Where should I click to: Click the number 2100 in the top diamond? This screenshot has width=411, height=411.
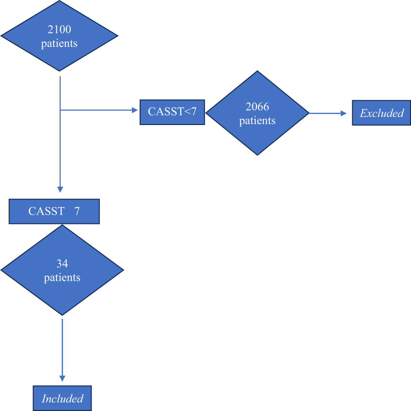point(59,30)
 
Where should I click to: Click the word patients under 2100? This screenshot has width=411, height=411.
point(59,44)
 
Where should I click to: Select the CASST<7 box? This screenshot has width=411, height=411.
point(172,112)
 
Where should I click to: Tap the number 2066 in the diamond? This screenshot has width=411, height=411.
point(257,106)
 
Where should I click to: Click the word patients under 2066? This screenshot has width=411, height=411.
point(257,121)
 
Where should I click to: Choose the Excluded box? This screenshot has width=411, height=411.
point(381,113)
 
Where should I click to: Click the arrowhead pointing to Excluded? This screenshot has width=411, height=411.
point(344,113)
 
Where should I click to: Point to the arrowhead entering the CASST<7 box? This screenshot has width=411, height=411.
point(135,110)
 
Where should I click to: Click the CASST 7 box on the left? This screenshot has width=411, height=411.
point(54,211)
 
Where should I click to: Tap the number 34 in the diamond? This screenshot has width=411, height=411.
point(62,264)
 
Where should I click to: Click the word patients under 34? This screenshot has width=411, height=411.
point(62,278)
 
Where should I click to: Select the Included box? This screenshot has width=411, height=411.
point(63,398)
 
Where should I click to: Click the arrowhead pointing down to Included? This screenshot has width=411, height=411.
point(63,378)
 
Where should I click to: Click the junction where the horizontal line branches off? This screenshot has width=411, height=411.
point(60,110)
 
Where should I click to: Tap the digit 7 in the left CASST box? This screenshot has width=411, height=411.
point(77,211)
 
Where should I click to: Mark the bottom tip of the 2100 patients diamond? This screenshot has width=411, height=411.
point(60,71)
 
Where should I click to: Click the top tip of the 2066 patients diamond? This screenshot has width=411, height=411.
point(257,71)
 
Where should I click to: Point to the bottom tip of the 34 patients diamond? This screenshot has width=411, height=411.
point(62,315)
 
